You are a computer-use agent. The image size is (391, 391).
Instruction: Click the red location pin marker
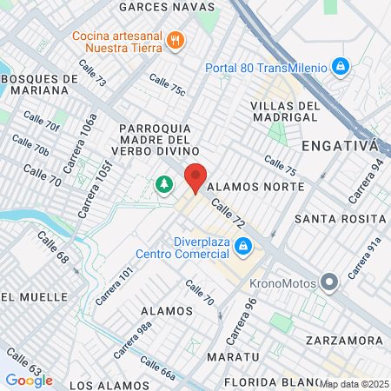(196, 177)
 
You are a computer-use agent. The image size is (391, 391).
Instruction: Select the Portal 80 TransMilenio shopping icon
(341, 66)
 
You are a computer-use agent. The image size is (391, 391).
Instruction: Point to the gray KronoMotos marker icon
(329, 282)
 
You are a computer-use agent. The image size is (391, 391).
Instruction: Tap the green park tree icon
(163, 184)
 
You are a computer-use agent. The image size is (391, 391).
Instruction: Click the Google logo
(29, 380)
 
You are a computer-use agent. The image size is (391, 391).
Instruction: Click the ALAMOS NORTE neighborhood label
(256, 187)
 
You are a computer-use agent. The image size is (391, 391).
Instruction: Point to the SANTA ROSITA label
(340, 217)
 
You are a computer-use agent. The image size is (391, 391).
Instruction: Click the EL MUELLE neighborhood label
(33, 296)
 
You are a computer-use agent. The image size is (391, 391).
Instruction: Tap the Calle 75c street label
(167, 85)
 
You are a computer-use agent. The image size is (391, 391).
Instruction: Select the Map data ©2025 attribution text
(354, 383)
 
